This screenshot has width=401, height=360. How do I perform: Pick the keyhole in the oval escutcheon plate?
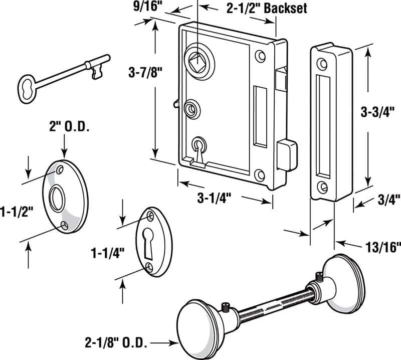click(149, 239)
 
